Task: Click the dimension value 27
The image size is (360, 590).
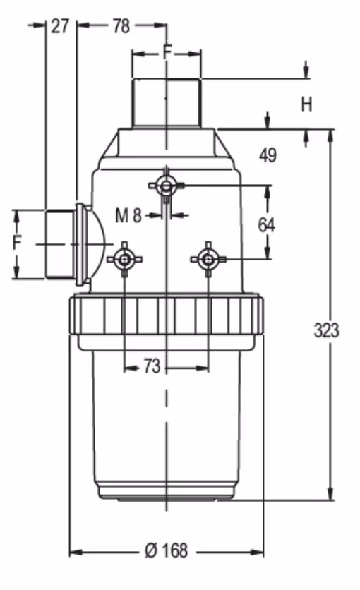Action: point(60,26)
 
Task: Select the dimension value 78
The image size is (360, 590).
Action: point(121,26)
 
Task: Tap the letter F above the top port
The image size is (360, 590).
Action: point(167,52)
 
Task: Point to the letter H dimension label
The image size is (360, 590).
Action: point(306,104)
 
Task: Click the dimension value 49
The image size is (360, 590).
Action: point(268,155)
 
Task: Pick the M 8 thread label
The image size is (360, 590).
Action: point(128,216)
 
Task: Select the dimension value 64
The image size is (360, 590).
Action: point(266,225)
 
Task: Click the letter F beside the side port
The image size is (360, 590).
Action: point(17,242)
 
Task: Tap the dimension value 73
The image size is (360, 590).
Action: point(152,366)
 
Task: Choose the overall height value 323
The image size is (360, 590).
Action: point(327,330)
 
